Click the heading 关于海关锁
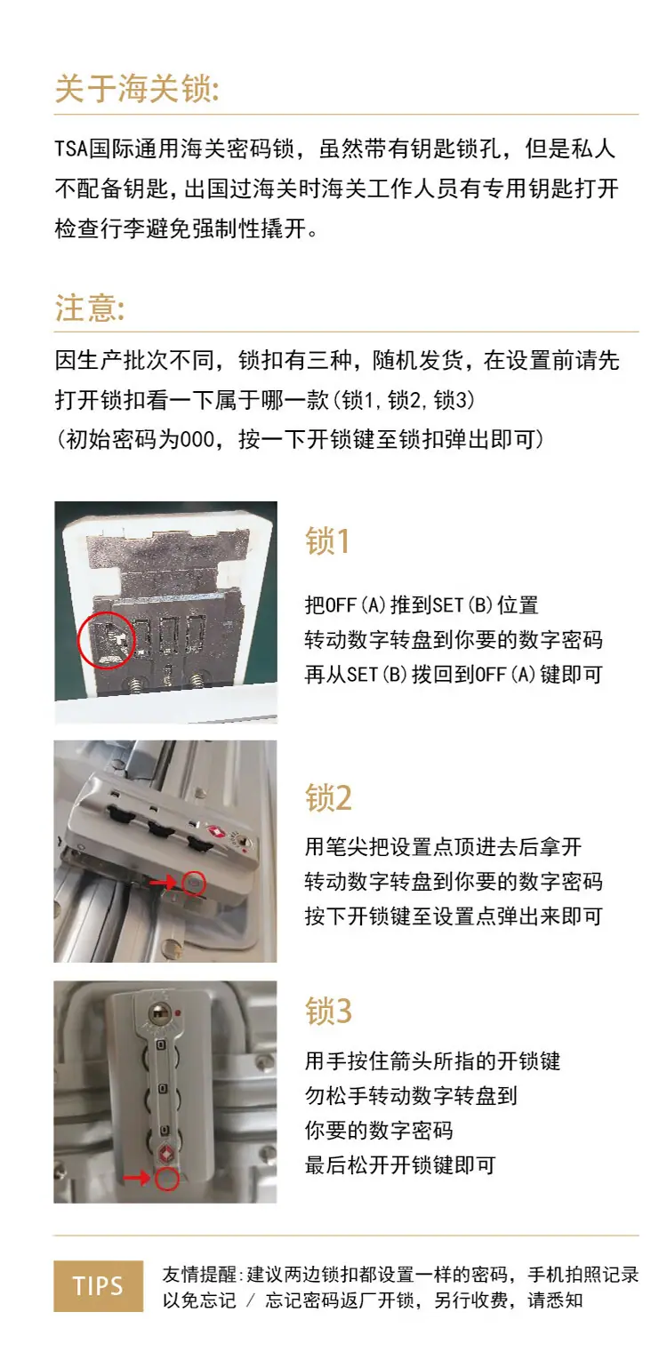pos(137,89)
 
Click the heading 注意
pos(90,308)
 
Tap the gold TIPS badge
pos(99,1286)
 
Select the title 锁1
pos(327,541)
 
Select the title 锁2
pos(329,797)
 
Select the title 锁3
pos(329,1011)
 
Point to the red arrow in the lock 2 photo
pos(163,883)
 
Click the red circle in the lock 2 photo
pos(194,883)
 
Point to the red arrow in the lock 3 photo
pos(137,1178)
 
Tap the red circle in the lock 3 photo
pos(166,1178)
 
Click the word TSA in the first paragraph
pos(71,149)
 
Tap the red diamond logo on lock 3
pos(165,1153)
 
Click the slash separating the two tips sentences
pos(251,1300)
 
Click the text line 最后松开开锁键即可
pos(400,1165)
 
